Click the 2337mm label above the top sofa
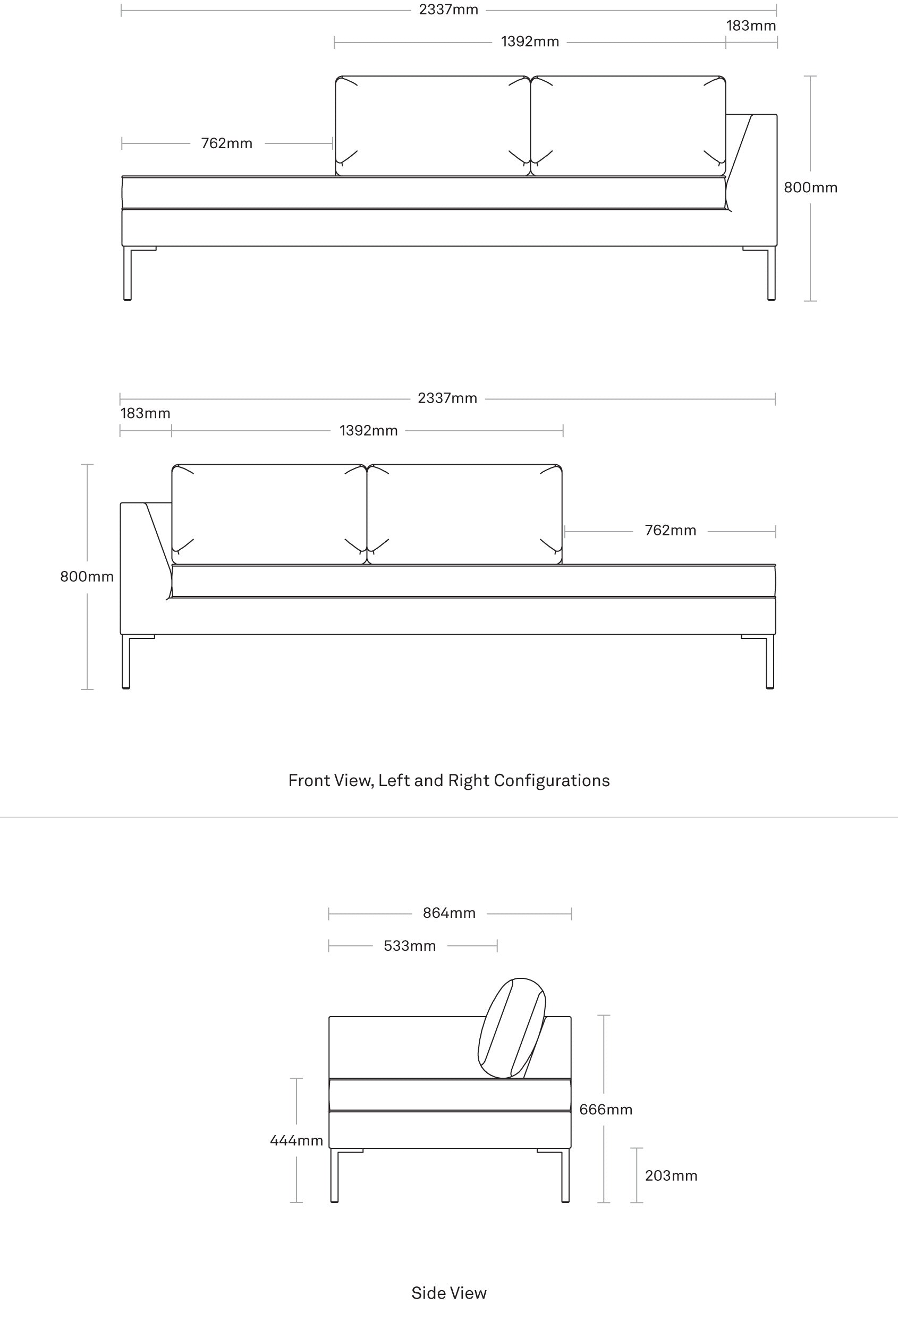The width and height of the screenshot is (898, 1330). click(x=448, y=10)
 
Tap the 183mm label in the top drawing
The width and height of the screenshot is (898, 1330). click(x=751, y=25)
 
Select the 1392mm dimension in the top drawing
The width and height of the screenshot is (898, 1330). click(x=529, y=42)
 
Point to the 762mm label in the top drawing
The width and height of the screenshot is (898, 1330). click(x=227, y=143)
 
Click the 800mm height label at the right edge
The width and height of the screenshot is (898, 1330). click(x=810, y=187)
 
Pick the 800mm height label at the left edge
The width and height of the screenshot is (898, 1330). click(x=87, y=576)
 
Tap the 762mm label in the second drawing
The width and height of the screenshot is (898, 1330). click(x=670, y=531)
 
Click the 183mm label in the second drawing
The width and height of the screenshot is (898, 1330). click(x=146, y=413)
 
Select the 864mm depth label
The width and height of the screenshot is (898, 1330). click(x=450, y=913)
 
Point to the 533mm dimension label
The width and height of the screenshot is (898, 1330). click(x=410, y=946)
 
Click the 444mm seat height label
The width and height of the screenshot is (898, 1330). click(x=296, y=1140)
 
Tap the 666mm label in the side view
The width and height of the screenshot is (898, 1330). click(x=606, y=1110)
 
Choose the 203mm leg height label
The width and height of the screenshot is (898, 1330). click(x=671, y=1175)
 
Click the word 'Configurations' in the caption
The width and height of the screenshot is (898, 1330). click(x=552, y=781)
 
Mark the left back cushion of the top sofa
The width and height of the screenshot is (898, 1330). click(x=433, y=125)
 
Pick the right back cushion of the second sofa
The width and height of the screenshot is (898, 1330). click(x=465, y=514)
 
